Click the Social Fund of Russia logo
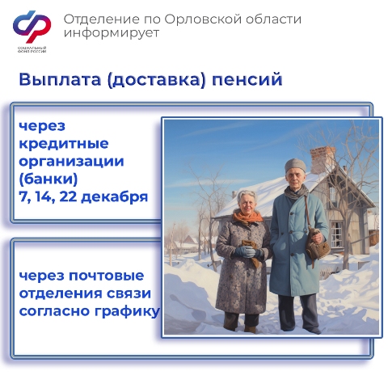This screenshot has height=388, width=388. [32, 31]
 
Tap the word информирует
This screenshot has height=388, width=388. [112, 33]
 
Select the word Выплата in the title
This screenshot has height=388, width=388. [60, 79]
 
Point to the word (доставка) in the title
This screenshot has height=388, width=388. [156, 80]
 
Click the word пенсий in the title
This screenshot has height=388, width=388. [247, 80]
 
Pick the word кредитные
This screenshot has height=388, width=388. [64, 144]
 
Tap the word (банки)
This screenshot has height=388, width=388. [48, 179]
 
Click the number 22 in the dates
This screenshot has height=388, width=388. [67, 196]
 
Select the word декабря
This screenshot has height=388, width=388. [115, 197]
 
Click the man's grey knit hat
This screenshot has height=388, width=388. [295, 166]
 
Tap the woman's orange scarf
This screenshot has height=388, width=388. [247, 217]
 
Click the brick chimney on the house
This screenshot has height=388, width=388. [322, 159]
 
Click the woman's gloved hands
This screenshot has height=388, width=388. [248, 252]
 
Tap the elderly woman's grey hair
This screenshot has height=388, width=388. [247, 196]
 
